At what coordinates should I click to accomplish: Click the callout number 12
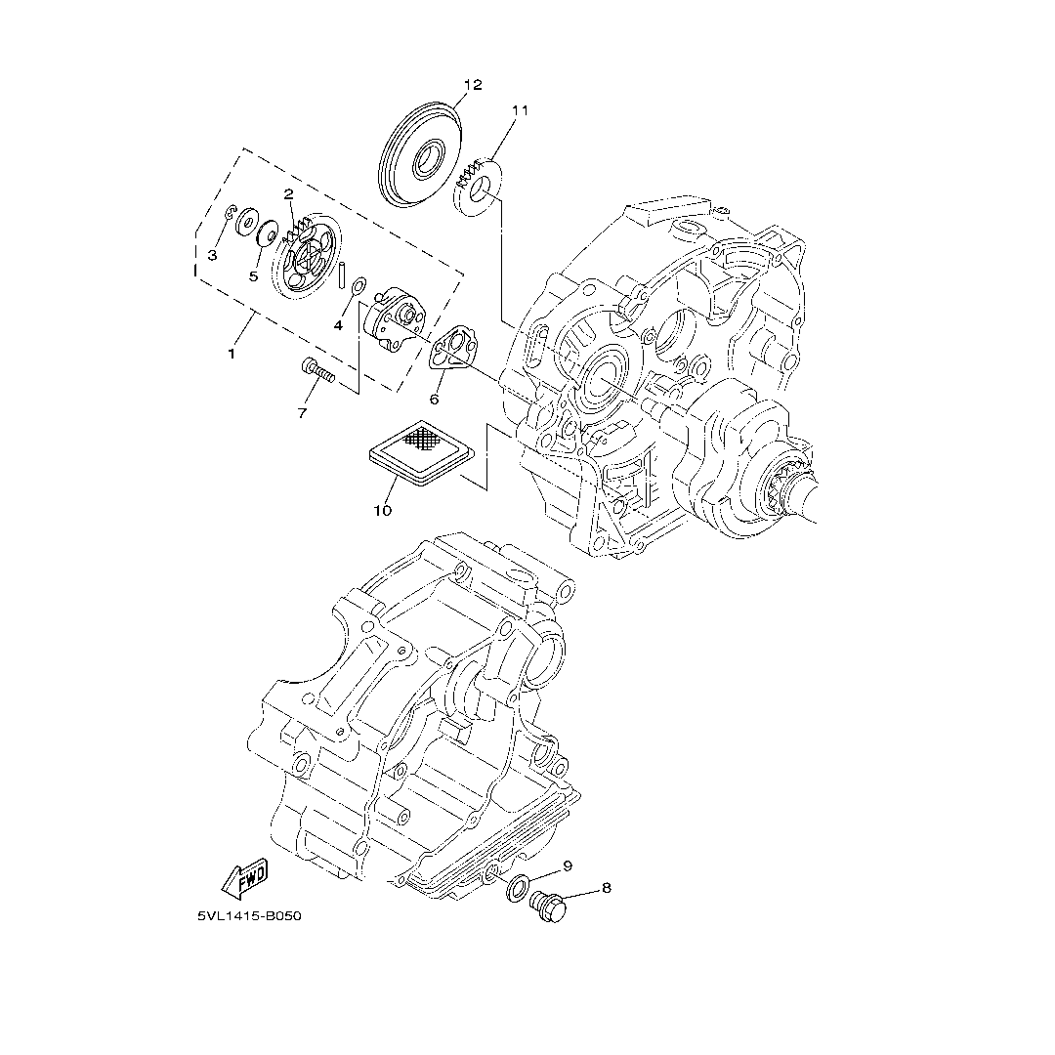coord(473,85)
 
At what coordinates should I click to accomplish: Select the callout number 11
coord(519,110)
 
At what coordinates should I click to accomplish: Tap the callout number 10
coord(382,510)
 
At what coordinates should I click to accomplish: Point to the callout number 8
coord(607,888)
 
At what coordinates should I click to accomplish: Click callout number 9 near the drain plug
coord(567,865)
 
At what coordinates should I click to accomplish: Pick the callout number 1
coord(232,354)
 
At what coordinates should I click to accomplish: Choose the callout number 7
coord(302,413)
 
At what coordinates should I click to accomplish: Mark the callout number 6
coord(434,399)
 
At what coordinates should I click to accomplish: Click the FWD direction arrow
coord(244,881)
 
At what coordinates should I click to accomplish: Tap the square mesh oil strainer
coord(420,454)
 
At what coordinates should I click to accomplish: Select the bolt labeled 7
coord(317,370)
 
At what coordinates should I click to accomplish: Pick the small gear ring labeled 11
coord(478,185)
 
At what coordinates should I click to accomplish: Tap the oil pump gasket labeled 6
coord(450,353)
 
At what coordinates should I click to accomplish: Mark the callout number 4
coord(338,325)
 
